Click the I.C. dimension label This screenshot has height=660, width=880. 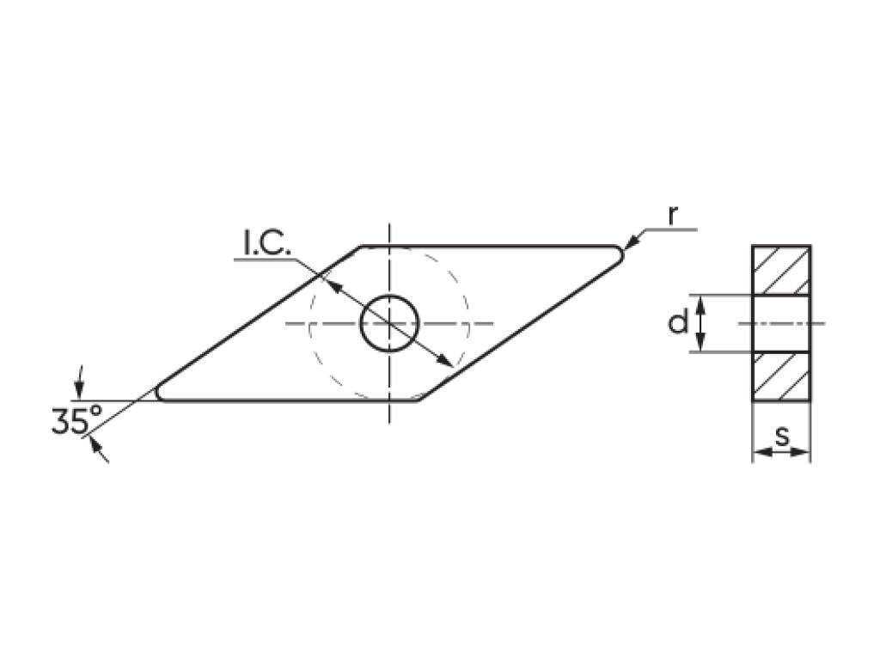pos(267,242)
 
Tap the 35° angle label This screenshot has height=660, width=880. pos(77,420)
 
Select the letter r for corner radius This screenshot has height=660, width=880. pos(673,216)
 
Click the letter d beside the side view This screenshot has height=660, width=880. pos(678,323)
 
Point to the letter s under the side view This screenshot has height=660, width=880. pos(782,436)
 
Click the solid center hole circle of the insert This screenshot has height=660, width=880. pos(389,323)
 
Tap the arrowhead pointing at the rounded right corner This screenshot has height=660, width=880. pos(632,241)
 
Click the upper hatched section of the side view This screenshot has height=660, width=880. pos(781,270)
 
